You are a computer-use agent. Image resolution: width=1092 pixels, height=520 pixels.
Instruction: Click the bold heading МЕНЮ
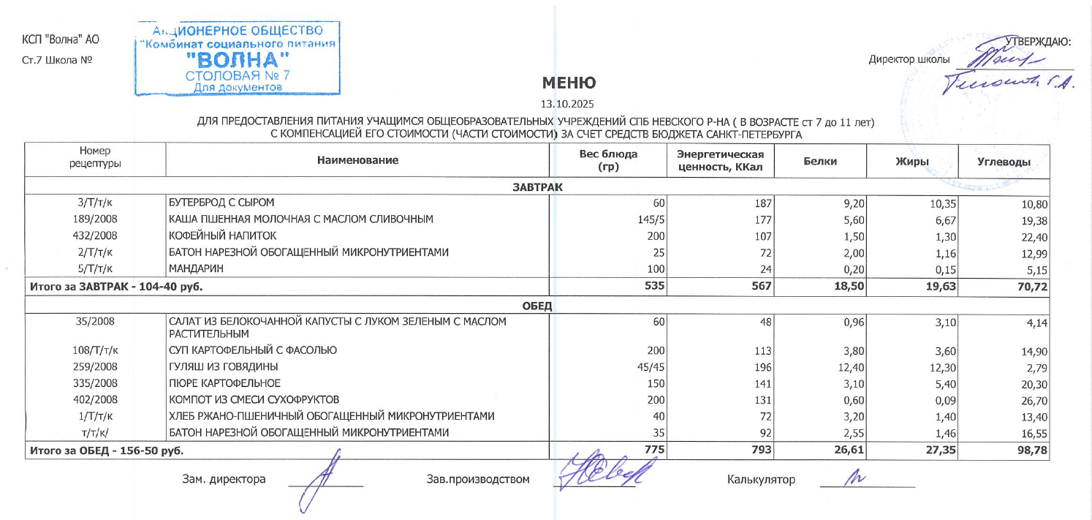coord(569,83)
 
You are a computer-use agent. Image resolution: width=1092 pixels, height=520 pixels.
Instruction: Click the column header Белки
coord(819,161)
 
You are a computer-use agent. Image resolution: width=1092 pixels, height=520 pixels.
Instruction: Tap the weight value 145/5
coord(649,219)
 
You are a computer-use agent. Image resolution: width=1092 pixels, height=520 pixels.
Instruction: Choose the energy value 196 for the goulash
coord(762,366)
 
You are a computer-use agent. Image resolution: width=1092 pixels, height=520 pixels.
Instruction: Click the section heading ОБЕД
coord(537,305)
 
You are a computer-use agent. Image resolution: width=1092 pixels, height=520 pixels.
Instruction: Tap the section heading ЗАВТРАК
coord(537,187)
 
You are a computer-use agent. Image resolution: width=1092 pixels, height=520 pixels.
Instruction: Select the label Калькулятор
coord(761,480)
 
